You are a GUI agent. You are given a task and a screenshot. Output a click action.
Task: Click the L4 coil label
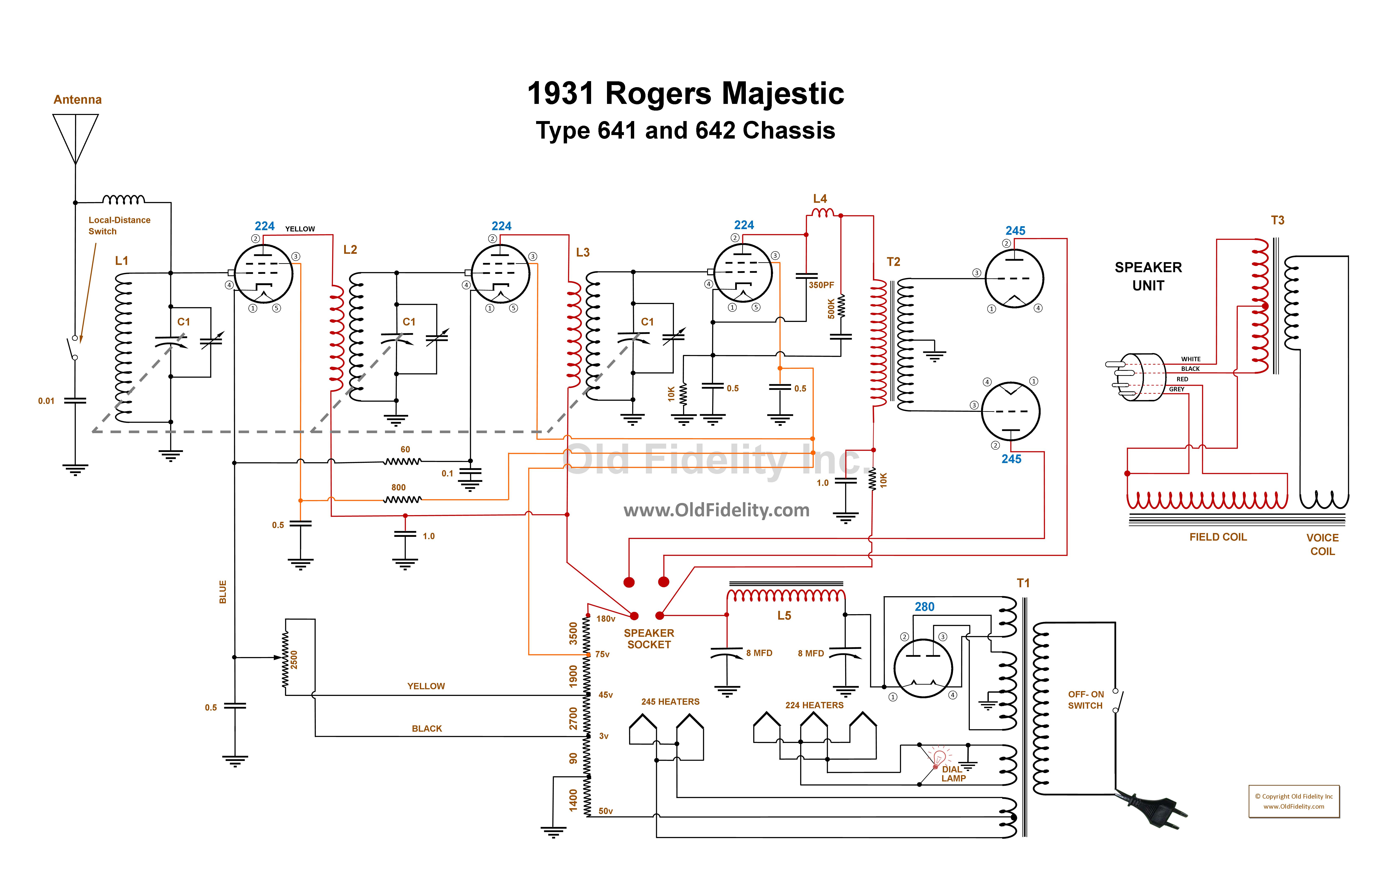(x=820, y=199)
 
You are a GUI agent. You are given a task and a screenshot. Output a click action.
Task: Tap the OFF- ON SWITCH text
(x=1085, y=700)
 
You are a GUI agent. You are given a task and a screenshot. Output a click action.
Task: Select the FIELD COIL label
(x=1218, y=537)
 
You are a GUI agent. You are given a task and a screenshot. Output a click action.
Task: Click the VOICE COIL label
(x=1322, y=544)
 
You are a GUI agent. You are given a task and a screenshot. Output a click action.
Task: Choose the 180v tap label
(x=606, y=619)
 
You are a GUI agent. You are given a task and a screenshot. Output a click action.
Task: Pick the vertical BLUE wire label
(x=223, y=592)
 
